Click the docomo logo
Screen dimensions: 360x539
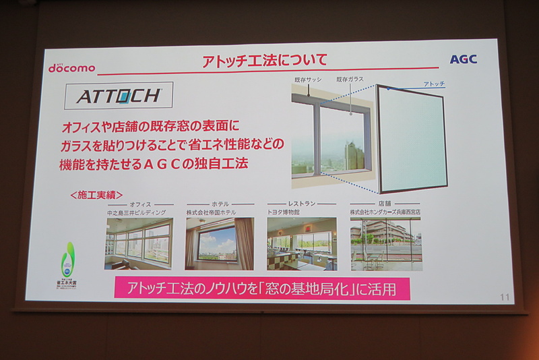(x=71, y=67)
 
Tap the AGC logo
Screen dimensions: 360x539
(x=463, y=59)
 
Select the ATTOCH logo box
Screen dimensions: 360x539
(x=119, y=96)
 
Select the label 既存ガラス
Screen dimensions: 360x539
(x=350, y=80)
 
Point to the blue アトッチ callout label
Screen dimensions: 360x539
(x=433, y=84)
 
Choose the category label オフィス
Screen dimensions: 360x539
(x=139, y=204)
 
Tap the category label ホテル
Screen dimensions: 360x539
(x=220, y=204)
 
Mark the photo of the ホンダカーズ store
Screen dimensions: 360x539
(x=385, y=243)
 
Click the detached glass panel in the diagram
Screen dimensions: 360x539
(x=410, y=139)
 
